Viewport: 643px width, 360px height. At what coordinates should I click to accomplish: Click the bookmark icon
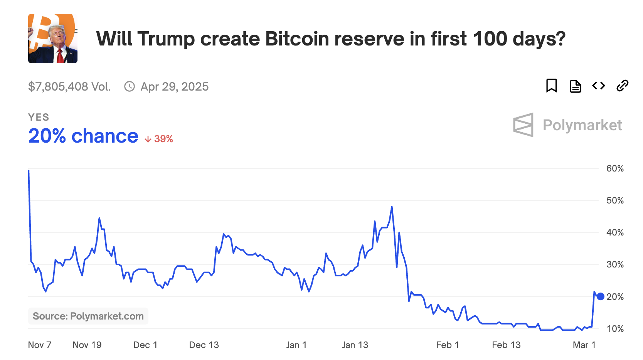click(551, 86)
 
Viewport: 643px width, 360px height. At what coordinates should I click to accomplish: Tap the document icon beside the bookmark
click(575, 86)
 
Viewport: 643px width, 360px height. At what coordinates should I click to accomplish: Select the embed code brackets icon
click(599, 86)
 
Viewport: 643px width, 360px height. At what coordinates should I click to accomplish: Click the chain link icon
click(622, 86)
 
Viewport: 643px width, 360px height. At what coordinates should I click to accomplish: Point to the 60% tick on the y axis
click(614, 168)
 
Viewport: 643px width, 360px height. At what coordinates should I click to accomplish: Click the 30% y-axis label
click(614, 264)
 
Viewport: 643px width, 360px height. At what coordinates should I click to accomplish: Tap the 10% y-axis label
click(614, 329)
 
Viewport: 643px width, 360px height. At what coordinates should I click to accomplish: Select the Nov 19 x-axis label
click(87, 345)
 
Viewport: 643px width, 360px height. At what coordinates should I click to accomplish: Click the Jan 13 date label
click(355, 345)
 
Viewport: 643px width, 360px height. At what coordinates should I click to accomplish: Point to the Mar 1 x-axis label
click(584, 345)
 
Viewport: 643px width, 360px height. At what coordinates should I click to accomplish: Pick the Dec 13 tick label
click(204, 345)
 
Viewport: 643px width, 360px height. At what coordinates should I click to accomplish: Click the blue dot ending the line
click(600, 296)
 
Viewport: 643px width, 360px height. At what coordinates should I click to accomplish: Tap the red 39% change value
click(163, 139)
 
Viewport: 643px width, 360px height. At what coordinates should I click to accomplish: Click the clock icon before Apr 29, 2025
click(130, 86)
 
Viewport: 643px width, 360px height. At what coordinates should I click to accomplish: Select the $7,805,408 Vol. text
click(69, 86)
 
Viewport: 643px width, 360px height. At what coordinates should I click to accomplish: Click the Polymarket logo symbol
click(523, 125)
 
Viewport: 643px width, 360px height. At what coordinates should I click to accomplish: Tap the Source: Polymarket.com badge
click(88, 316)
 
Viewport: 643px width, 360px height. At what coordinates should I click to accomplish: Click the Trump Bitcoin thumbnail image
click(53, 39)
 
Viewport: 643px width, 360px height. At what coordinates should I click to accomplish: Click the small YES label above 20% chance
click(39, 117)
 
